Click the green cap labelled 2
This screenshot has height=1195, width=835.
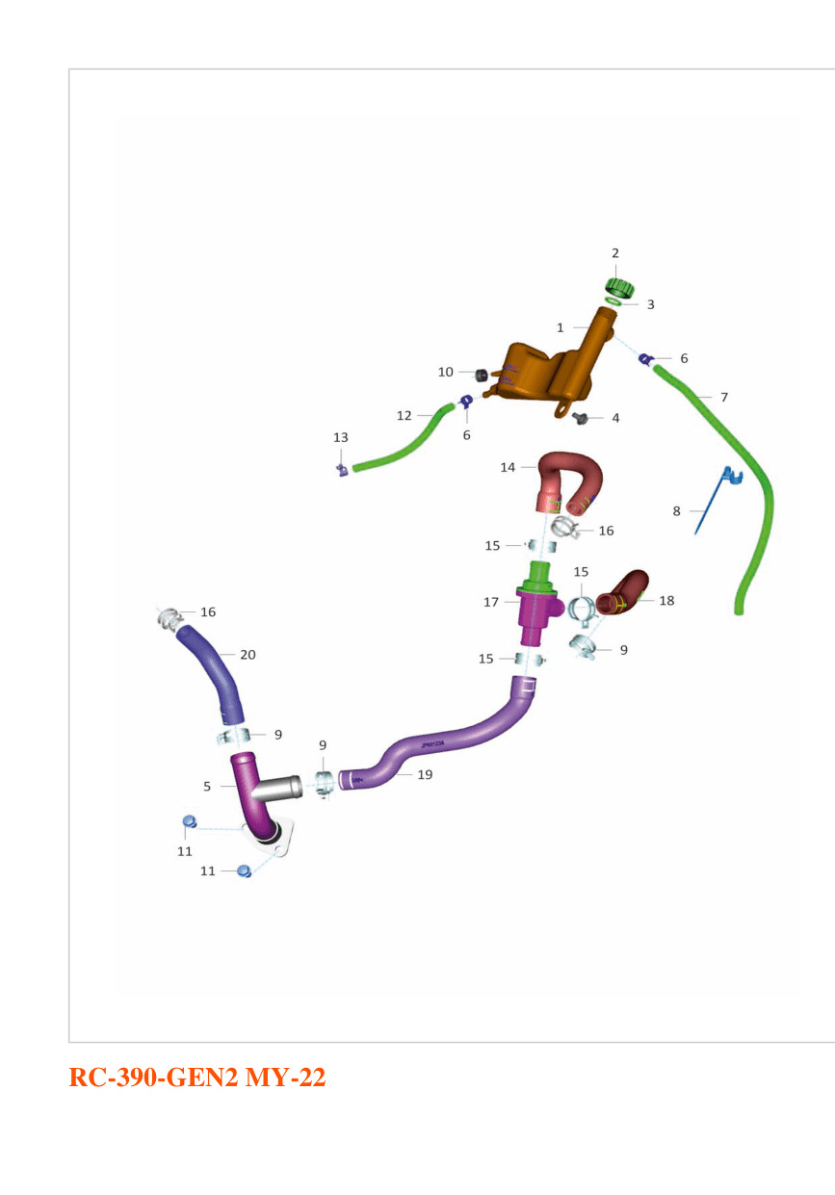619,288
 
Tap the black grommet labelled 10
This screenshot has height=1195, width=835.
482,375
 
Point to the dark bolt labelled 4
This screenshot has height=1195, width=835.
580,418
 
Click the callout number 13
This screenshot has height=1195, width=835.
340,437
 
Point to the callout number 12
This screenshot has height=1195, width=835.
404,416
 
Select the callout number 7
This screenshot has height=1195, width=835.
724,397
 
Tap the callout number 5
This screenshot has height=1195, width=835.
207,787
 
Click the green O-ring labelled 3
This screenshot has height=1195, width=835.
613,301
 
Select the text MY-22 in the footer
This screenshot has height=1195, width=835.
285,1078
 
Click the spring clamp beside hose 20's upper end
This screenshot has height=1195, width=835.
170,619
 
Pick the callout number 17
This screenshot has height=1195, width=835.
491,602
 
